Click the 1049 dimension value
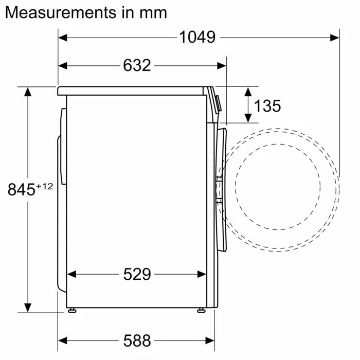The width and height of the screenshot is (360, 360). [197, 37]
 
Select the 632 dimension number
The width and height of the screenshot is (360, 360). [137, 65]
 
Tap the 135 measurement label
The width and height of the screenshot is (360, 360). [267, 106]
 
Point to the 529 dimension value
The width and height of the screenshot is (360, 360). [137, 275]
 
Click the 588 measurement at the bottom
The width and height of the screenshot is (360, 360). [137, 340]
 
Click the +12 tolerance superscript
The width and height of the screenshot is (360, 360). [45, 186]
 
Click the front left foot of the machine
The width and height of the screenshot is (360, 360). [74, 310]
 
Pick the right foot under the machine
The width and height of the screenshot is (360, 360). [200, 310]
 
